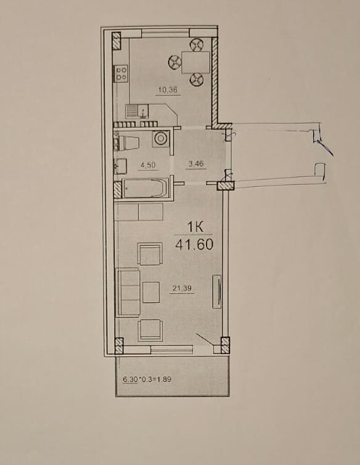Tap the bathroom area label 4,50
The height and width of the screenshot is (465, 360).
point(148,165)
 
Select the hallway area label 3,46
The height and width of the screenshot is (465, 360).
point(195,163)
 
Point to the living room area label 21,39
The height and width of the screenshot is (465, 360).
point(182,287)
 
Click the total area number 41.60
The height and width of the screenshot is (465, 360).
point(194,245)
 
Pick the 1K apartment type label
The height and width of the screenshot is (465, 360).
point(195,228)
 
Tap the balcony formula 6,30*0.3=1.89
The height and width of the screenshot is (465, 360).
point(147,379)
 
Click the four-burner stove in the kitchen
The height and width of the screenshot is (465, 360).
point(121,73)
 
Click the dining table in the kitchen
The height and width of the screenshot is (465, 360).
point(195,62)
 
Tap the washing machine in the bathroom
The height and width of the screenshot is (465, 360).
point(161,139)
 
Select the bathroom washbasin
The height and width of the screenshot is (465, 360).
point(121,166)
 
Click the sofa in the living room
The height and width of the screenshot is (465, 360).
point(128,292)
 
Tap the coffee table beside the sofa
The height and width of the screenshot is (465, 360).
point(151,292)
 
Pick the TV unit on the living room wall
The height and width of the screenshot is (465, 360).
point(217,292)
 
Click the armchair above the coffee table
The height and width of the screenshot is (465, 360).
point(150,253)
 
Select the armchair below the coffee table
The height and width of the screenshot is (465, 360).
point(150,331)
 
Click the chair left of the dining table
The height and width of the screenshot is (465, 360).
point(174,62)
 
